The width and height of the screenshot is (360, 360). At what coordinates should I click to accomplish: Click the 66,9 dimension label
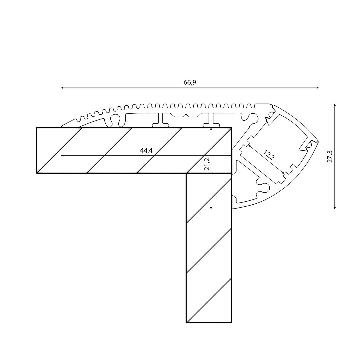coord(190,82)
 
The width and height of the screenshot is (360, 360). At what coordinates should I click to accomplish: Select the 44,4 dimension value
coord(146,150)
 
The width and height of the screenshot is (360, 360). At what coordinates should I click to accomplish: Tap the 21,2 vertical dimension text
coord(207,164)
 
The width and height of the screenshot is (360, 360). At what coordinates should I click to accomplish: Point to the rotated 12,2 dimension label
coord(269,155)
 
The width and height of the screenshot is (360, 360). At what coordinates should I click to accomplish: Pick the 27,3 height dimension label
coord(330,157)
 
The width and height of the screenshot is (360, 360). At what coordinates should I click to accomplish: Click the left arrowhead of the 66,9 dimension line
coord(62,88)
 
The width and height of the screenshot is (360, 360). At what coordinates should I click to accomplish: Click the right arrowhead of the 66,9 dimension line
coord(318,88)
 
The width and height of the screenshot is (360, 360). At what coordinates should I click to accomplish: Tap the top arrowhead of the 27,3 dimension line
coord(335,105)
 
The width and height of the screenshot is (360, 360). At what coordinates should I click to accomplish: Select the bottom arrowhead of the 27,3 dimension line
coord(335,208)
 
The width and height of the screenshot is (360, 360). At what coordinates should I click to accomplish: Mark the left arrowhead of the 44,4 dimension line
coord(62,156)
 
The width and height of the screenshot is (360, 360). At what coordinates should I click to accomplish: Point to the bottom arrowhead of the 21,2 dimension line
coord(211,208)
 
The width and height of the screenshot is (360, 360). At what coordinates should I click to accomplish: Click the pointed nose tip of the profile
coord(318,141)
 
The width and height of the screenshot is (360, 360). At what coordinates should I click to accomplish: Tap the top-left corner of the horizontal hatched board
coord(37,128)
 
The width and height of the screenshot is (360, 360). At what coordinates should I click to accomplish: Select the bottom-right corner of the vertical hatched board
coord(232,323)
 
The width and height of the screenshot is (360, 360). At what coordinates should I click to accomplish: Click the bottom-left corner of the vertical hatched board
coord(186,323)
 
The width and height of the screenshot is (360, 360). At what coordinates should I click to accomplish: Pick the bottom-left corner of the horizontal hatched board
coord(37,173)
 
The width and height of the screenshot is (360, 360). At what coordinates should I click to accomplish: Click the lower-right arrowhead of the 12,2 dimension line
coord(284,173)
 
